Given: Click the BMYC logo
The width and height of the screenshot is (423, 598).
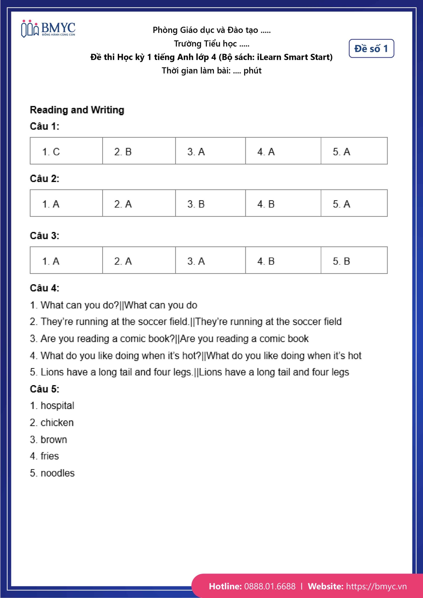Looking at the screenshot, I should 48,29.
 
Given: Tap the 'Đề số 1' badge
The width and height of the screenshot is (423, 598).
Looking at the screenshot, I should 371,48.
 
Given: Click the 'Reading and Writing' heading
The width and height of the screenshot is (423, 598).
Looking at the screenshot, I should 77,110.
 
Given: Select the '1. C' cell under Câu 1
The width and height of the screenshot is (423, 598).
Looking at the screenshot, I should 66,151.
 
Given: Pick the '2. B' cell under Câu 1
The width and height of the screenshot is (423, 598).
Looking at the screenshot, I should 139,151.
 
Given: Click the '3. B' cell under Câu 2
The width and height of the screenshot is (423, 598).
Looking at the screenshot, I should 210,203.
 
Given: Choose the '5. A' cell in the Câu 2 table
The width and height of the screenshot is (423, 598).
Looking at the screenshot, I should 354,203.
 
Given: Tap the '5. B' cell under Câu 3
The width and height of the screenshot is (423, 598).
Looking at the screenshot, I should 354,260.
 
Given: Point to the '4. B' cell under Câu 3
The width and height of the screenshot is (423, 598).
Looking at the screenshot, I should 283,260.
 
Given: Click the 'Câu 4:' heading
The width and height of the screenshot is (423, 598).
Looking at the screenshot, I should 45,288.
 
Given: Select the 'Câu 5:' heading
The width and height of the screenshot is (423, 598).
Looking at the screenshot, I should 45,389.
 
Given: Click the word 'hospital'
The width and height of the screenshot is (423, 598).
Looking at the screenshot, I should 57,406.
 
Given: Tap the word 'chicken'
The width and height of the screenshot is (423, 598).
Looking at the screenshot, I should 57,423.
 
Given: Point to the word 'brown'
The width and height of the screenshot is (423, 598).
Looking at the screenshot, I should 54,440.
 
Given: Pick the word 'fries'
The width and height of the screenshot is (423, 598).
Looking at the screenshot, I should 50,456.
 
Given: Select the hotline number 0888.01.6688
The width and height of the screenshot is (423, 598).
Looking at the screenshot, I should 270,586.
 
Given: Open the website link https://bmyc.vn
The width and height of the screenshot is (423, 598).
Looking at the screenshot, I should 376,586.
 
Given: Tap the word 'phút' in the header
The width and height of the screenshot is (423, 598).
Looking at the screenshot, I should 252,71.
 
